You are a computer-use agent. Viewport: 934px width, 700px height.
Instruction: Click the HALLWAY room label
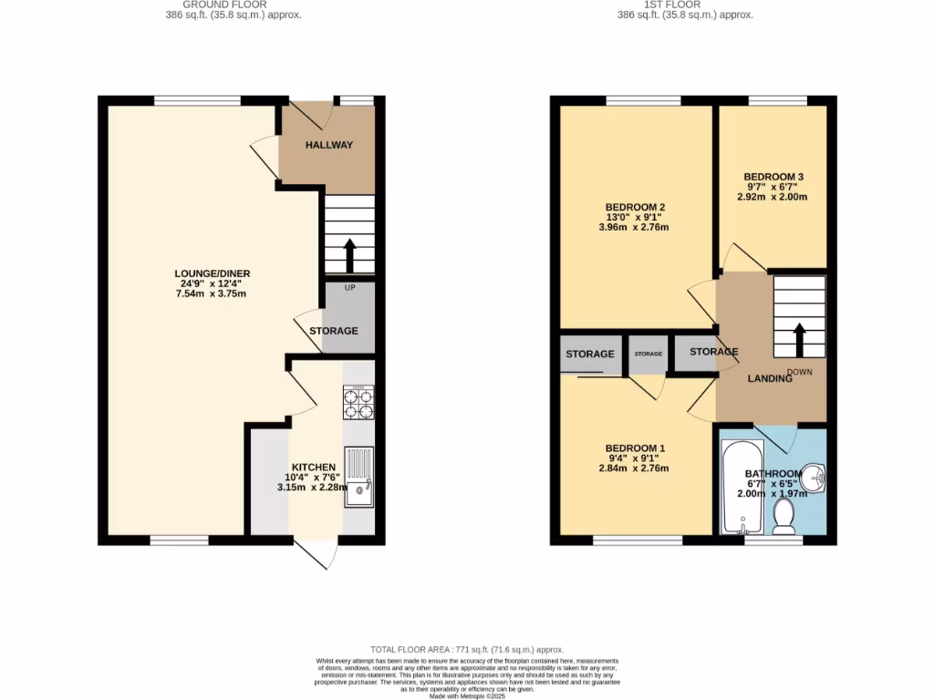[328, 145]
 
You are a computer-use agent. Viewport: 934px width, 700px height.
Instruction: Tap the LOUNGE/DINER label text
[213, 273]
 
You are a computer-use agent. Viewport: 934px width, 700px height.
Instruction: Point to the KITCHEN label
[308, 467]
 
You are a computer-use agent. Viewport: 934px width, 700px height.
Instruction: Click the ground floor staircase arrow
[348, 254]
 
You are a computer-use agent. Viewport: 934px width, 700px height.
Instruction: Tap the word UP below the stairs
[348, 288]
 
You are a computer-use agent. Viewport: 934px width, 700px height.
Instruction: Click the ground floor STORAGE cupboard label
[334, 331]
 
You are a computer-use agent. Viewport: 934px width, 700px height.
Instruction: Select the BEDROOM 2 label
[634, 207]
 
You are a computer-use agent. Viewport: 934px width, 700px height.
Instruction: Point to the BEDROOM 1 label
[635, 448]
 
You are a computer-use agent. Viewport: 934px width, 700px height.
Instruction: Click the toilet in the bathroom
[784, 518]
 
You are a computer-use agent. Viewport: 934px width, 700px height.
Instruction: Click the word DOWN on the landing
[800, 372]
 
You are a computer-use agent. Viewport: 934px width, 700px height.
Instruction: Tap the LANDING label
[770, 378]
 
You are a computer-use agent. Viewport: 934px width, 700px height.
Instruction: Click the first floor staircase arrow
[800, 339]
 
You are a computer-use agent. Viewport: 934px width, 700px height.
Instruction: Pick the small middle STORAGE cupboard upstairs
[648, 355]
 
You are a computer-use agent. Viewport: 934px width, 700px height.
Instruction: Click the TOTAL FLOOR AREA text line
[467, 648]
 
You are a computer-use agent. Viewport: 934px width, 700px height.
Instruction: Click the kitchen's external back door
[316, 553]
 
